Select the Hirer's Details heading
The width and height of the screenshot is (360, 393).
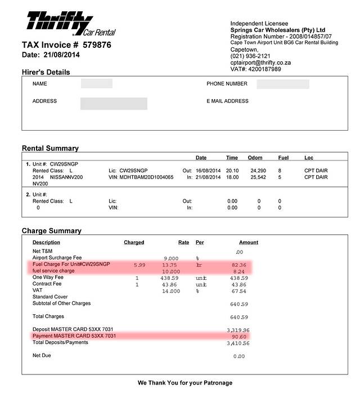click(x=46, y=72)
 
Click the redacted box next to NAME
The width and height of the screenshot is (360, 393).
click(x=97, y=84)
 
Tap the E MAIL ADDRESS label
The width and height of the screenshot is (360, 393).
click(x=227, y=101)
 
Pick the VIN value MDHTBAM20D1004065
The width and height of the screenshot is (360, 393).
click(x=146, y=177)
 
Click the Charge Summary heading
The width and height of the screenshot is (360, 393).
click(x=51, y=231)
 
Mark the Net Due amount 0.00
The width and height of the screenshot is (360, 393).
click(x=240, y=356)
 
